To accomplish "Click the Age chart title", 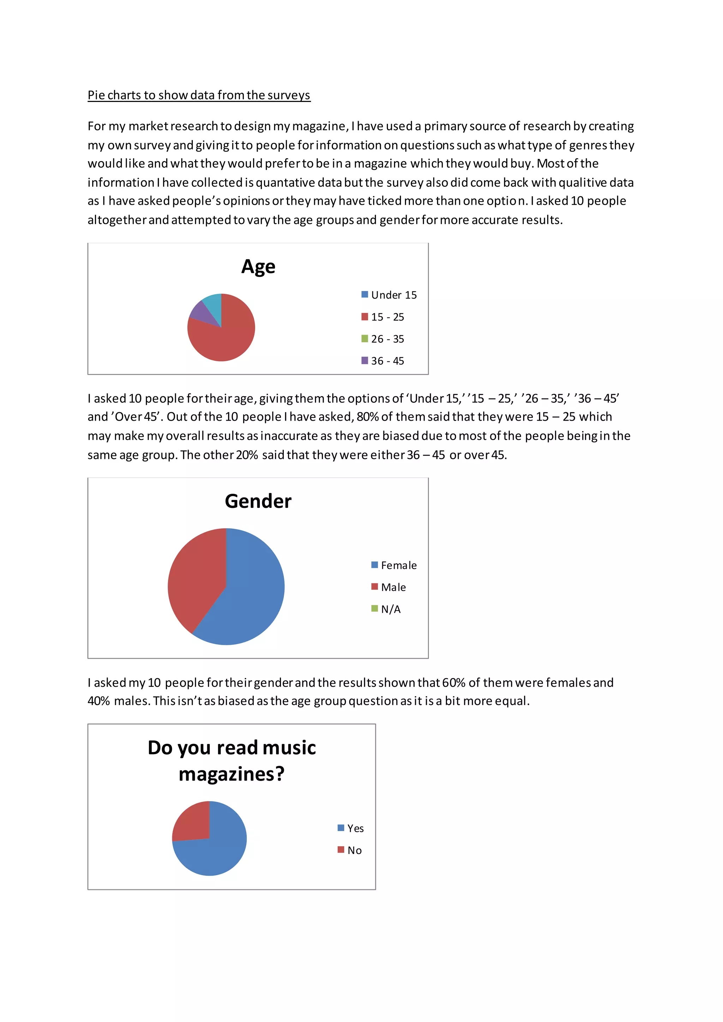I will coord(258,267).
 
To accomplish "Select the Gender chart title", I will coord(258,501).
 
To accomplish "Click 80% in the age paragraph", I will coord(367,417).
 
